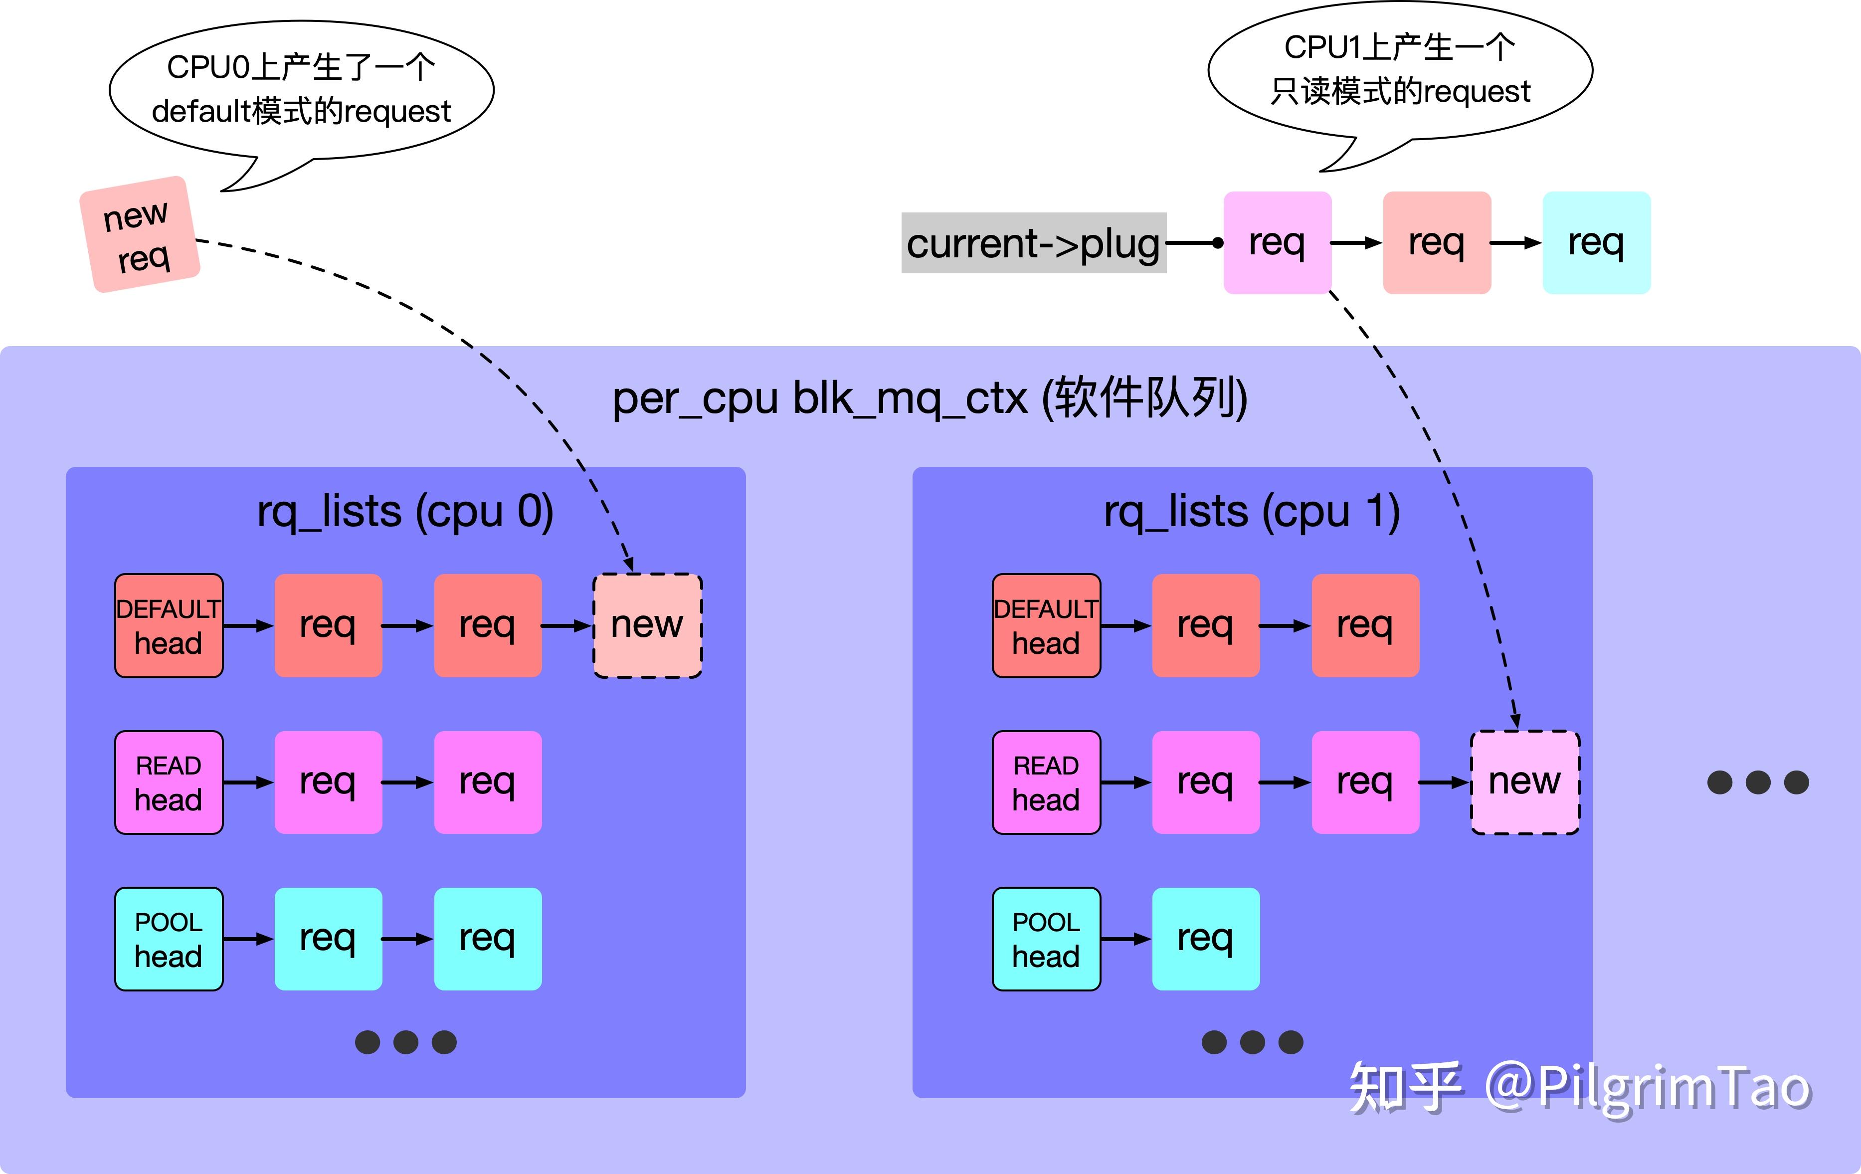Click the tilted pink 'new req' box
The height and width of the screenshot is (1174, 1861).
pos(140,235)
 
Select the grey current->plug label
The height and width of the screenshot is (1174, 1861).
pos(1033,243)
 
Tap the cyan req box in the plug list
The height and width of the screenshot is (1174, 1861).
pos(1596,243)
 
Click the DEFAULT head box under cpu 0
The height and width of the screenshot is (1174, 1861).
pos(169,626)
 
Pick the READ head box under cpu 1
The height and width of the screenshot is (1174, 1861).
pos(1046,782)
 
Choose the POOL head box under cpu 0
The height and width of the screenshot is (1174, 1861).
pos(169,939)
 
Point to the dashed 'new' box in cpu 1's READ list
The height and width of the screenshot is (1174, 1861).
pos(1525,782)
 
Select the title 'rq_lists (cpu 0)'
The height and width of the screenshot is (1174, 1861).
pos(405,512)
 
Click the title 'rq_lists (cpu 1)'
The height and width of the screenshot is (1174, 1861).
pos(1252,512)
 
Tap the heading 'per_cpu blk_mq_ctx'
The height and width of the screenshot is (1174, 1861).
pos(821,399)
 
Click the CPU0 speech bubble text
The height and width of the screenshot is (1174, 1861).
pos(301,89)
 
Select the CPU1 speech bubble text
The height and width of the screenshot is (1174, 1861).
pos(1400,69)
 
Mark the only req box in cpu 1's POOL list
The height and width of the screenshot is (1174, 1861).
pos(1206,939)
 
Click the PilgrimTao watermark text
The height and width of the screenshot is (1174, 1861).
pos(1580,1087)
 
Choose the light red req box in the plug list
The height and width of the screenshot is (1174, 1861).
pos(1437,243)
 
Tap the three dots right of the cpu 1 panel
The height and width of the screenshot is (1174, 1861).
pos(1758,782)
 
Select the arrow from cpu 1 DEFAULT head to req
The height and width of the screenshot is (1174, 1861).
pos(1126,626)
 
